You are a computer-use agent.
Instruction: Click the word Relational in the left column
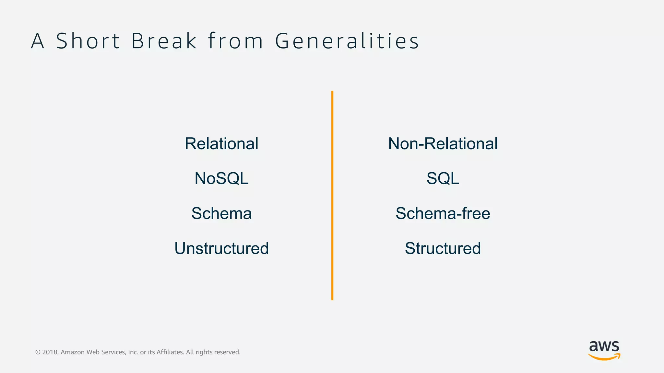221,144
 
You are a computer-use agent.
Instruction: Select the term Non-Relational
443,144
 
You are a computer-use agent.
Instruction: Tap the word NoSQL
221,178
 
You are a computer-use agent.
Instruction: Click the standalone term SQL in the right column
443,178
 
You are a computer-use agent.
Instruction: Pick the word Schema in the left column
221,213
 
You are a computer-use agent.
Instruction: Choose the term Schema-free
443,213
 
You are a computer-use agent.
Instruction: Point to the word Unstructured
221,248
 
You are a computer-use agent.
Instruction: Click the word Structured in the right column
443,248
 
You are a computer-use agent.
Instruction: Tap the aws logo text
604,346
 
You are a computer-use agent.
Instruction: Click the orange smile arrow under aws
604,357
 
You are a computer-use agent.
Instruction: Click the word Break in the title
164,41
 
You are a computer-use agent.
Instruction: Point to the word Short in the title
88,41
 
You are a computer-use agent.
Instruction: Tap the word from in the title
235,41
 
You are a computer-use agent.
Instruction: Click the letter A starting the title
38,41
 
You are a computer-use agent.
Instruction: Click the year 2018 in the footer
50,352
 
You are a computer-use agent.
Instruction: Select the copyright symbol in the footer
38,352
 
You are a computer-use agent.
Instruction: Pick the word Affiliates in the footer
170,352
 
